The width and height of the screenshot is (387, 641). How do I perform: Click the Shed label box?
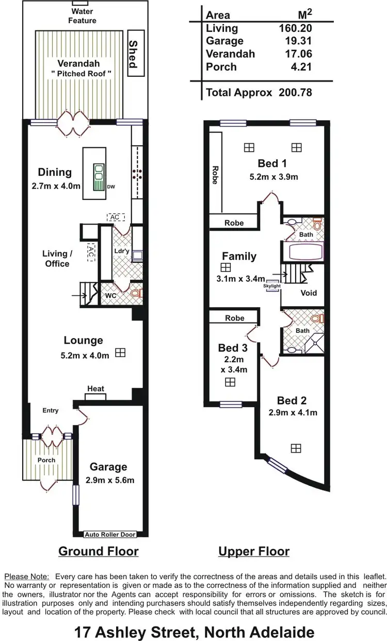[132, 54]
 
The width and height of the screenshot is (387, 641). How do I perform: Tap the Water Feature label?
[83, 16]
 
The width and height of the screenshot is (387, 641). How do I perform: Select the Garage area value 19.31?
[299, 41]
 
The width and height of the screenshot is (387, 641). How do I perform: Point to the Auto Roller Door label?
[109, 534]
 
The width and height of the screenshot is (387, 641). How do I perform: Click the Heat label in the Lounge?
[95, 389]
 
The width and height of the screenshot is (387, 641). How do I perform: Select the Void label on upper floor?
[309, 293]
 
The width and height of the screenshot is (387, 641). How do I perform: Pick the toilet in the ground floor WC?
[135, 294]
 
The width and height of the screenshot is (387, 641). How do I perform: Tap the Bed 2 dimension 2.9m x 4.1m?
[293, 412]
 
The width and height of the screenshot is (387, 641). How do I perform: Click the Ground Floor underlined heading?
[99, 551]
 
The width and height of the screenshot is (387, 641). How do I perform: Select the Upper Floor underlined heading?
[254, 551]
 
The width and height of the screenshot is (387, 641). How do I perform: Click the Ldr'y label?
[121, 251]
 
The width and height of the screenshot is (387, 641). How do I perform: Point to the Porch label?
[46, 460]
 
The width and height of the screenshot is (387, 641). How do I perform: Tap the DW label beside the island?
[111, 187]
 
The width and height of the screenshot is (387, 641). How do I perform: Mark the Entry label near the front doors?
[51, 411]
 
